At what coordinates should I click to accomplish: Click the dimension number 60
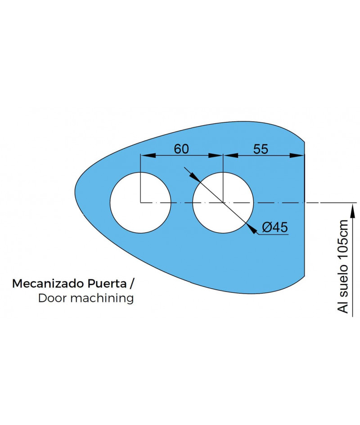[181, 149]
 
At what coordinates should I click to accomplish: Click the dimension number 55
[261, 149]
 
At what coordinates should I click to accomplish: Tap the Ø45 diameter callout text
[274, 228]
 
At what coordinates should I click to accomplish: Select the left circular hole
[140, 202]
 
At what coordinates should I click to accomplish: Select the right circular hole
[223, 202]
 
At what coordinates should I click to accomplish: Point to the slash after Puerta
[131, 284]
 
